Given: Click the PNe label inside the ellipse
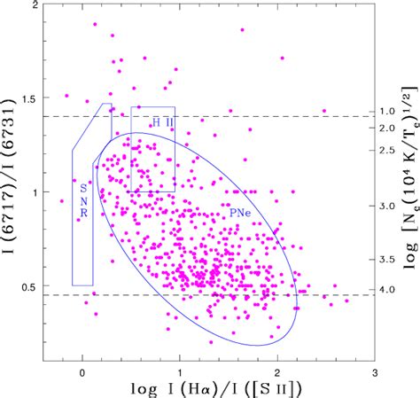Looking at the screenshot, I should click(238, 213).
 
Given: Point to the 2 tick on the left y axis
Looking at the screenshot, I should click(34, 6).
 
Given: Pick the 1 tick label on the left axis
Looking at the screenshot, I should click(34, 192).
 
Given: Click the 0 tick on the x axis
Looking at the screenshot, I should click(82, 373).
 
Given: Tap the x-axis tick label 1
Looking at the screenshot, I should click(180, 373).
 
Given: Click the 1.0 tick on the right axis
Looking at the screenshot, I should click(388, 111).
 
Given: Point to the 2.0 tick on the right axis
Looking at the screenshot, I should click(388, 129).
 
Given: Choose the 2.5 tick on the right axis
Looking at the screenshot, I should click(388, 149).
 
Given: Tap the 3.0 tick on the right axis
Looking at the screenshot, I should click(388, 206).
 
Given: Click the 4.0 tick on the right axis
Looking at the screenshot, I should click(388, 289).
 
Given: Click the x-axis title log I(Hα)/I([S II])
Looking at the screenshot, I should click(209, 389).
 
